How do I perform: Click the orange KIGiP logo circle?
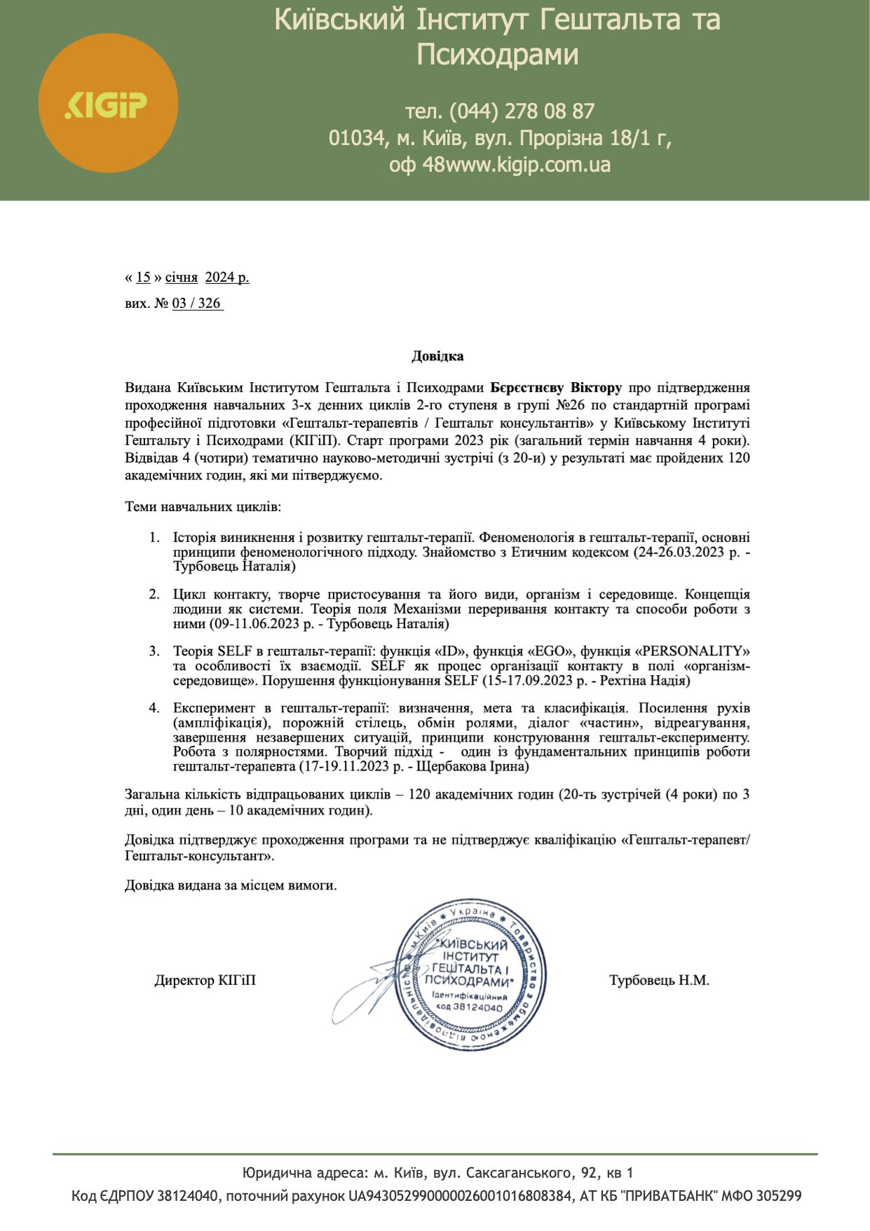[108, 103]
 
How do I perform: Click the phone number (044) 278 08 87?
[522, 111]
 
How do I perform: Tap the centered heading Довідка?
[437, 356]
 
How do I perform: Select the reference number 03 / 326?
[196, 304]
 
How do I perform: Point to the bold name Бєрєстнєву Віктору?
[555, 388]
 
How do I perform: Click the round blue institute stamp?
[470, 975]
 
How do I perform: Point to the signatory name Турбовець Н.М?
[659, 981]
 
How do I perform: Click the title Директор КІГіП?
[205, 981]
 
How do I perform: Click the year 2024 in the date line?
[219, 278]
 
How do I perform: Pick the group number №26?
[570, 405]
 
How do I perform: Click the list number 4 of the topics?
[154, 708]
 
